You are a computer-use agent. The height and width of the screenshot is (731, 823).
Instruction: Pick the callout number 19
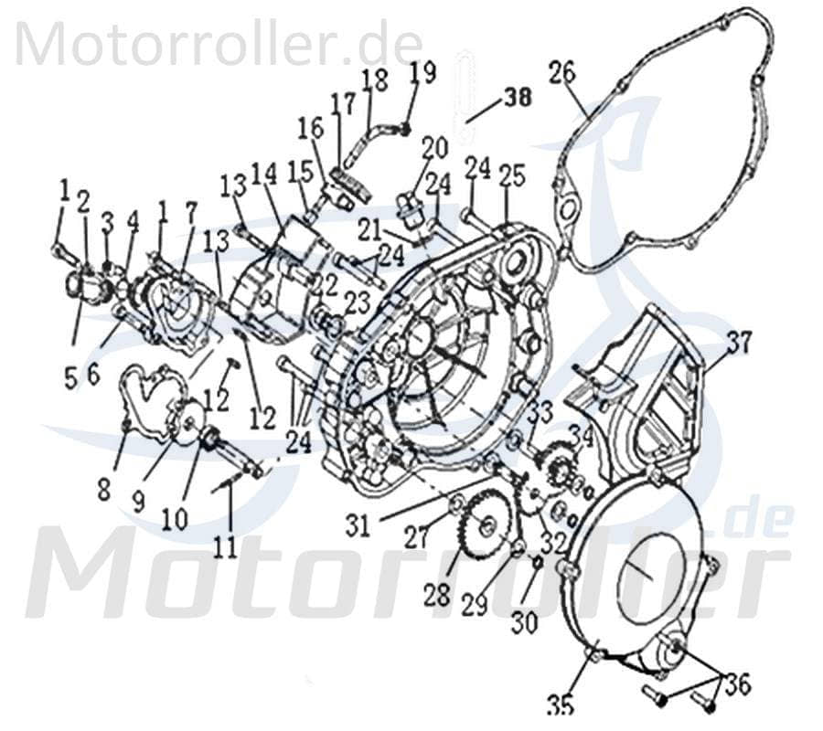click(x=422, y=72)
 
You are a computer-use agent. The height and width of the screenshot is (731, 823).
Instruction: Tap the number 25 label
click(x=512, y=175)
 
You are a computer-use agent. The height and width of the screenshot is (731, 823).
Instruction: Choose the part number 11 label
click(x=225, y=546)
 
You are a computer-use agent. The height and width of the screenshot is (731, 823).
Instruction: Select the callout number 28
click(x=437, y=595)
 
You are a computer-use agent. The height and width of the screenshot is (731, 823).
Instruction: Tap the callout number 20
click(x=434, y=146)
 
